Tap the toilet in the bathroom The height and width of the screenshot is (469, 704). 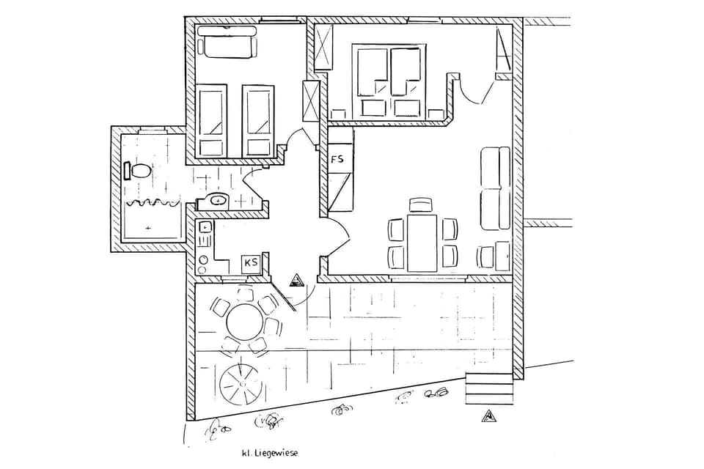(x=139, y=171)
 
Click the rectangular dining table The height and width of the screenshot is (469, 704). (x=422, y=243)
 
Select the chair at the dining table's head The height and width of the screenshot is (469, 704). (x=421, y=205)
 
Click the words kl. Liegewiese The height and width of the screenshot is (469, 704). (x=270, y=453)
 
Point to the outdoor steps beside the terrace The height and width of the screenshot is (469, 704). (x=488, y=388)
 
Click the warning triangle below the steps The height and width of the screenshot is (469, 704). (x=488, y=417)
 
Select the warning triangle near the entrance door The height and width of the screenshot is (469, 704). (x=296, y=279)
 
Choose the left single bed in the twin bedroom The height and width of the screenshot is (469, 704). (x=212, y=121)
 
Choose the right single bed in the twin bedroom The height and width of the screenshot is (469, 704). (x=257, y=121)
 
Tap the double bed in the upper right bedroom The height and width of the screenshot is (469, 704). (x=389, y=81)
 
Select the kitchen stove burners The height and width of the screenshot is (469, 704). (x=203, y=260)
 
